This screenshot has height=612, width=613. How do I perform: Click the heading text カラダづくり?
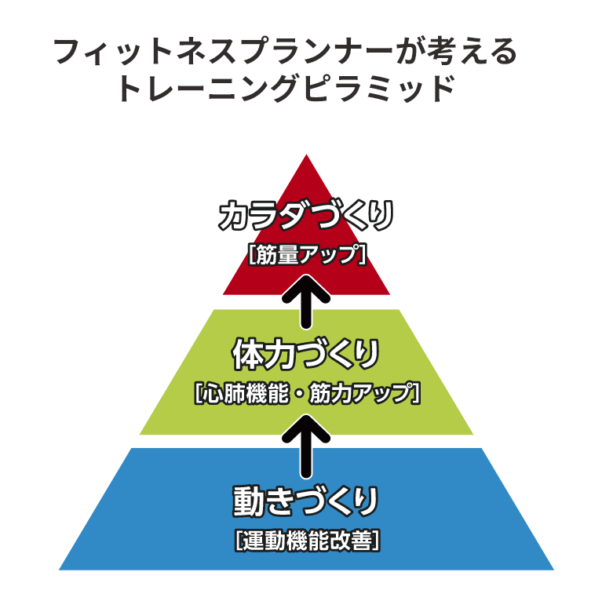click(x=306, y=216)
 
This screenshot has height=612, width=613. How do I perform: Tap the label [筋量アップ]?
click(x=307, y=254)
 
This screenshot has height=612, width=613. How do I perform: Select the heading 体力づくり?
click(x=306, y=355)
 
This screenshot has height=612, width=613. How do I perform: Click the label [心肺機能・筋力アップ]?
click(x=307, y=393)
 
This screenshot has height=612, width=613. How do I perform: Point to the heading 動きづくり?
click(x=306, y=501)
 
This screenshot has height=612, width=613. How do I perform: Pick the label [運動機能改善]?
click(x=307, y=541)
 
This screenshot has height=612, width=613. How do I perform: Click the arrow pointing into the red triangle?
click(x=306, y=301)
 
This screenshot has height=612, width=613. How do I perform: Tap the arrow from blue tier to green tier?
click(x=306, y=446)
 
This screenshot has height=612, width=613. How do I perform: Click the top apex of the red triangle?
click(x=306, y=155)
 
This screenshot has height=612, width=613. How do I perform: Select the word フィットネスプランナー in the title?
click(x=223, y=51)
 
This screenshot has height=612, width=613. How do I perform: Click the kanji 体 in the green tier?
click(x=248, y=355)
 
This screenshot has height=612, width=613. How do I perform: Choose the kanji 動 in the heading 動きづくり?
click(x=248, y=501)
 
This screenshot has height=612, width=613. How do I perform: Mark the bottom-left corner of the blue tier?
click(x=59, y=570)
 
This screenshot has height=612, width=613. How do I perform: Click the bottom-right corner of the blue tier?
click(x=554, y=570)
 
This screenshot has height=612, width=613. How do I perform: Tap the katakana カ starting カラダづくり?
click(x=234, y=216)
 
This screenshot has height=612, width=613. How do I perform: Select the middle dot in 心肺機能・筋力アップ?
click(x=299, y=394)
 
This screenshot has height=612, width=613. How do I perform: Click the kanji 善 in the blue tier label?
click(x=363, y=541)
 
